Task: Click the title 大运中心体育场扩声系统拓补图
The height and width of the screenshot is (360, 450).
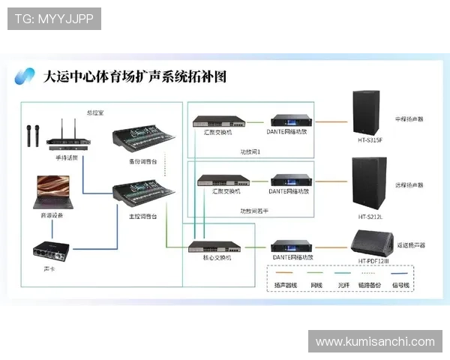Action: point(135,76)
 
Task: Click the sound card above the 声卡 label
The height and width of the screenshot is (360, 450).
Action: point(52,249)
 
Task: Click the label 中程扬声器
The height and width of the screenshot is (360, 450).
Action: point(409,118)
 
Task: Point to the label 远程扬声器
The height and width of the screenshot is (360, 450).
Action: point(409,184)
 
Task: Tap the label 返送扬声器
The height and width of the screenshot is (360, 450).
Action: point(410,245)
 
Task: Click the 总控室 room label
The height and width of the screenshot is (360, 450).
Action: point(95,112)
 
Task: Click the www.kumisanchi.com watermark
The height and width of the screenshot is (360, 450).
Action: point(375,342)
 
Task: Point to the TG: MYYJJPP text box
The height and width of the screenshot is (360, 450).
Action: point(54,19)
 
